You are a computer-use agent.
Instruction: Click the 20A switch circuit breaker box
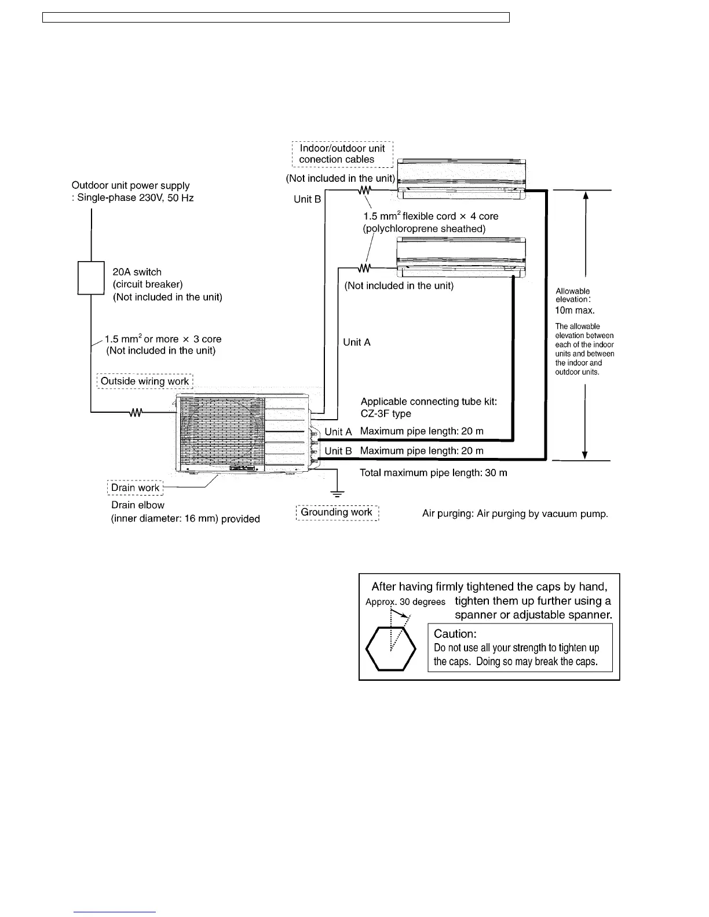coord(91,278)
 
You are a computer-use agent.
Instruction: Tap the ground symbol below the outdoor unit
coord(337,493)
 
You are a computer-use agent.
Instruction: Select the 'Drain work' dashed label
coord(136,488)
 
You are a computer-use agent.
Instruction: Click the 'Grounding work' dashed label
coord(337,512)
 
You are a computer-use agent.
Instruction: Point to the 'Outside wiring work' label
coord(145,381)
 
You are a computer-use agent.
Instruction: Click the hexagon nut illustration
coord(391,648)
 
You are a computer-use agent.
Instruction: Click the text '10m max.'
coord(575,310)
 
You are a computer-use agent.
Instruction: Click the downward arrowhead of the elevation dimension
coord(586,454)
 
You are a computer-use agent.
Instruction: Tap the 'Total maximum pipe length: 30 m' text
coord(433,473)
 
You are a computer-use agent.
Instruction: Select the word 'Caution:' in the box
coord(455,634)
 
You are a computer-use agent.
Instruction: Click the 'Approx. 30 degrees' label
coord(405,602)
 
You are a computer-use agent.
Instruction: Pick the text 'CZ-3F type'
coord(386,414)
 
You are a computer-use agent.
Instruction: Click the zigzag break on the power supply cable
coord(136,413)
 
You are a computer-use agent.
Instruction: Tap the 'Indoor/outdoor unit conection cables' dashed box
coord(342,154)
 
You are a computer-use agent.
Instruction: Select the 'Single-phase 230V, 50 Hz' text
coord(136,198)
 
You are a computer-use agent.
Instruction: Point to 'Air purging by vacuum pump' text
coord(515,514)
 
